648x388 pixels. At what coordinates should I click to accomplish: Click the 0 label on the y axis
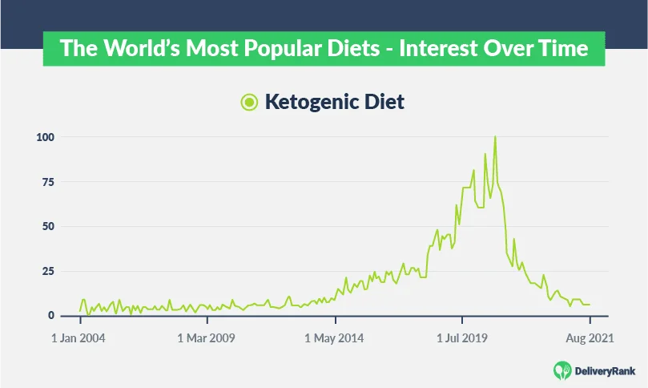click(50, 315)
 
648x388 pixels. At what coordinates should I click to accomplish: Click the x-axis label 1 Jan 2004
click(78, 338)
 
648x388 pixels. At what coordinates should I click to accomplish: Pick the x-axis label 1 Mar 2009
click(206, 338)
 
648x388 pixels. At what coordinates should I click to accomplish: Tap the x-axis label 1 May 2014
click(334, 338)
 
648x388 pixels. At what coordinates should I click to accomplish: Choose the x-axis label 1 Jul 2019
click(463, 338)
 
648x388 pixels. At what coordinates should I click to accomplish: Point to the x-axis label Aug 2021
click(590, 338)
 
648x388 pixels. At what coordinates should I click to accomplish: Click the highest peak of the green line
click(495, 137)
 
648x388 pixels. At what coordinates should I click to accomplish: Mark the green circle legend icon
click(249, 102)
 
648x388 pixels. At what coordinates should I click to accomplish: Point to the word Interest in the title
click(433, 49)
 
